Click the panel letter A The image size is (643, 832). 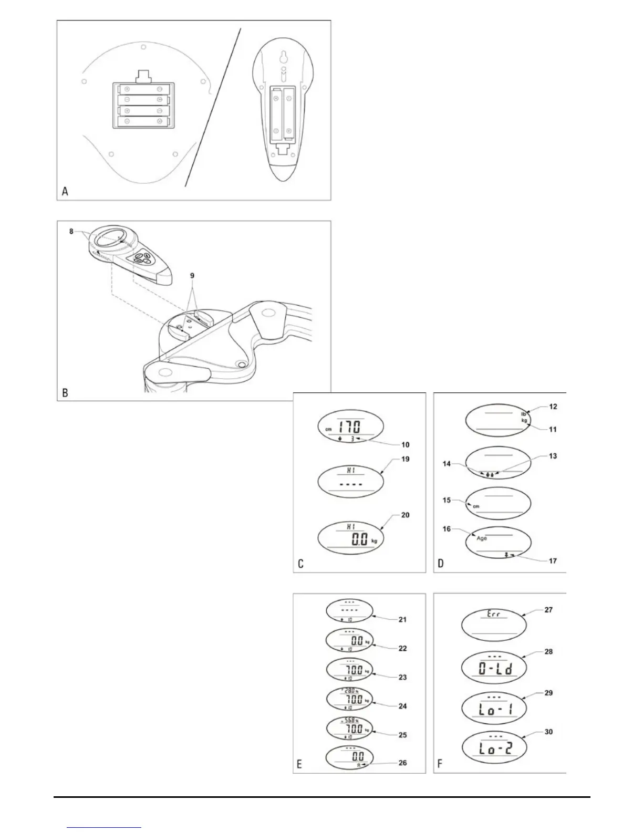(x=65, y=191)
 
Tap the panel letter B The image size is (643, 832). (x=65, y=392)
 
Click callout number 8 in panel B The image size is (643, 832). (x=71, y=231)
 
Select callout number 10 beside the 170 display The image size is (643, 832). (x=405, y=445)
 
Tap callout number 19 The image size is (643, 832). (x=405, y=459)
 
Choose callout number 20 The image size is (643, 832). (x=405, y=515)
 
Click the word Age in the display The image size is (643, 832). (x=482, y=538)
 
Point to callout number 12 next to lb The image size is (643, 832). (x=553, y=407)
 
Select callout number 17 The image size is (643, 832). (x=553, y=561)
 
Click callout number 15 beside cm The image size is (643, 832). (x=447, y=500)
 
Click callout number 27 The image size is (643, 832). (x=548, y=610)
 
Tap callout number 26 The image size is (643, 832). (x=402, y=763)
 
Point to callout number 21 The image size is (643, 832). (x=402, y=620)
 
